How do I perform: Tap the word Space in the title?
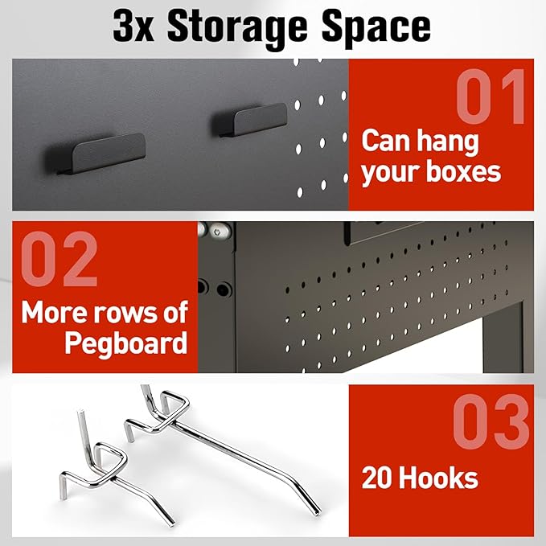(376, 27)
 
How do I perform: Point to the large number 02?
(60, 262)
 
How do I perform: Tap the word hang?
(447, 141)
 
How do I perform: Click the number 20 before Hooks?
(378, 478)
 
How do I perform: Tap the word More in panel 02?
(55, 312)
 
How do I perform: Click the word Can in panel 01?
(386, 141)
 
